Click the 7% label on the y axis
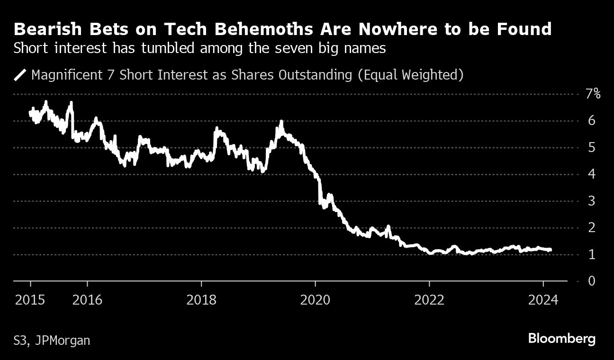(x=593, y=94)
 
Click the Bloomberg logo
(x=562, y=339)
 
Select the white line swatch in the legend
(x=20, y=75)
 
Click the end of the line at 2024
(x=550, y=250)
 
